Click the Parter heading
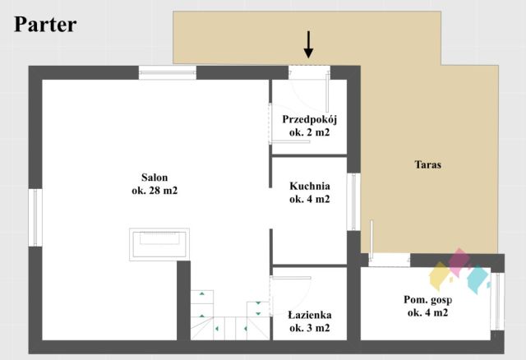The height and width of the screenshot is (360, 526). (x=45, y=25)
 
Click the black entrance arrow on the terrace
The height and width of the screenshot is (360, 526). (x=308, y=44)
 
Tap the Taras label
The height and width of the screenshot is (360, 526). (x=427, y=164)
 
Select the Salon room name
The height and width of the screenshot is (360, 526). (x=155, y=178)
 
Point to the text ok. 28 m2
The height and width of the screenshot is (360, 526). (x=155, y=191)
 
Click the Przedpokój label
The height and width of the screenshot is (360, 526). (x=309, y=119)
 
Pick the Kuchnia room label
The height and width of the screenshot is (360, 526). (x=310, y=186)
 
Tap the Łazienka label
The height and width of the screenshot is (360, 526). (x=310, y=315)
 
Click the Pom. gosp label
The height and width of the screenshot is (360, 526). (x=427, y=300)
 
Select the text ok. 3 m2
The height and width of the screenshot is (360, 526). (x=310, y=328)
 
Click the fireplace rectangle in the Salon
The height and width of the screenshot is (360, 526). (x=159, y=245)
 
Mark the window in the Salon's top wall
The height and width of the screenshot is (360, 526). (x=168, y=72)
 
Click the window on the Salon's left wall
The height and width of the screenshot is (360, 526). (x=35, y=218)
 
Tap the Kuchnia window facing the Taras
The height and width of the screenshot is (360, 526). (x=353, y=201)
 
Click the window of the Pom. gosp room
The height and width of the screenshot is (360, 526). (x=497, y=302)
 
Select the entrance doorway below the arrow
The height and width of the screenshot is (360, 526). (x=309, y=72)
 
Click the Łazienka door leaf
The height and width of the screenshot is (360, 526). (x=291, y=278)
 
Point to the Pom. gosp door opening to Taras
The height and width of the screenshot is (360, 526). (x=389, y=260)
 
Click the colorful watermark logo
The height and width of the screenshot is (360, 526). (x=459, y=271)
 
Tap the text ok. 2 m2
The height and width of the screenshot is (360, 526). (x=309, y=132)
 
